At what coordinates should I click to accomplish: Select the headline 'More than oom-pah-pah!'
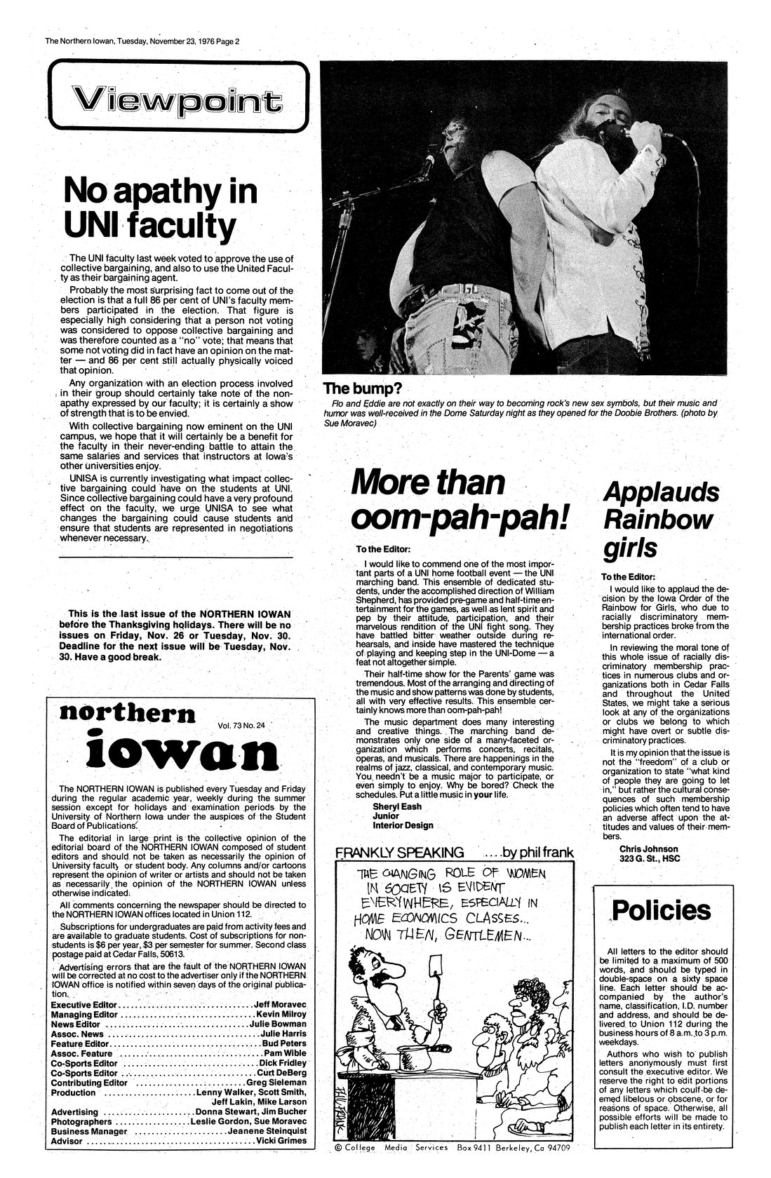coord(457,500)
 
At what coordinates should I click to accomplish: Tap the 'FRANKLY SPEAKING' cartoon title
coord(399,853)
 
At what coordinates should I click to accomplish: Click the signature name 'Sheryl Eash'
coord(396,806)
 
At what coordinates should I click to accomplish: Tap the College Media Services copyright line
coord(452,1167)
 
